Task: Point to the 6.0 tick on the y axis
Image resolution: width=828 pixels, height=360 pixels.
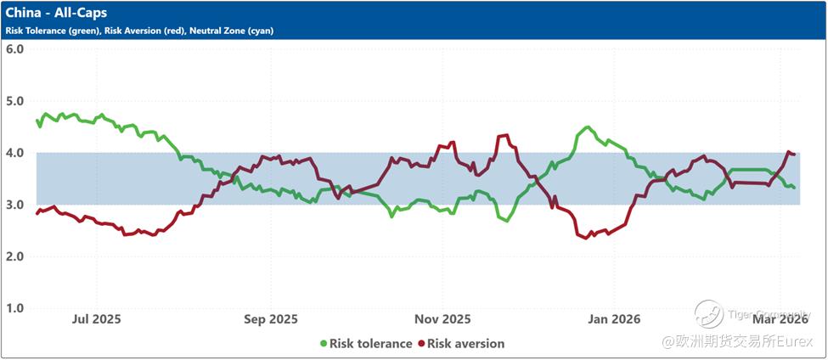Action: pyautogui.click(x=14, y=48)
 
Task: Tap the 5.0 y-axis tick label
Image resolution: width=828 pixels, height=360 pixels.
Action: pyautogui.click(x=14, y=101)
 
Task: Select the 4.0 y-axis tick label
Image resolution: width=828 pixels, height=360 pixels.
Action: pyautogui.click(x=14, y=153)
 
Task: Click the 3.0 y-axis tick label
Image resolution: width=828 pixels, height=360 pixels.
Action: pyautogui.click(x=14, y=205)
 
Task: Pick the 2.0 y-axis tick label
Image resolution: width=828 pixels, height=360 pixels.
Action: pyautogui.click(x=14, y=256)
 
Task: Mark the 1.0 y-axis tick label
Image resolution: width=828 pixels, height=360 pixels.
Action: pyautogui.click(x=14, y=308)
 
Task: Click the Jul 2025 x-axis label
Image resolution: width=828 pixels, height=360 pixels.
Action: pyautogui.click(x=97, y=319)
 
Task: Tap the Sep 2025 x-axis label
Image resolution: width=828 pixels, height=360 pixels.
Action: pyautogui.click(x=271, y=319)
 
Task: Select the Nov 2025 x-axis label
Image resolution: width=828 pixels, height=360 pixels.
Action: pyautogui.click(x=442, y=319)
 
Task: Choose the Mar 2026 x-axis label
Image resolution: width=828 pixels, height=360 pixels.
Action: pyautogui.click(x=780, y=319)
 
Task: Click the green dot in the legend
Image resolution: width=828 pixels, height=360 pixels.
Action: pyautogui.click(x=324, y=344)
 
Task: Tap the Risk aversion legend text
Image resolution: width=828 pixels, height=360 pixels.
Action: pyautogui.click(x=465, y=344)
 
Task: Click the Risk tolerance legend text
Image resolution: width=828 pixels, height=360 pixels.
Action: pyautogui.click(x=371, y=344)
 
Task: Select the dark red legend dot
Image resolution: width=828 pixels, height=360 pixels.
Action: pyautogui.click(x=420, y=344)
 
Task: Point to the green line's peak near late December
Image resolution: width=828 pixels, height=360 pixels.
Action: pyautogui.click(x=587, y=127)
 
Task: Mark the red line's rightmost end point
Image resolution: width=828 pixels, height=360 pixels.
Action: pyautogui.click(x=793, y=154)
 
